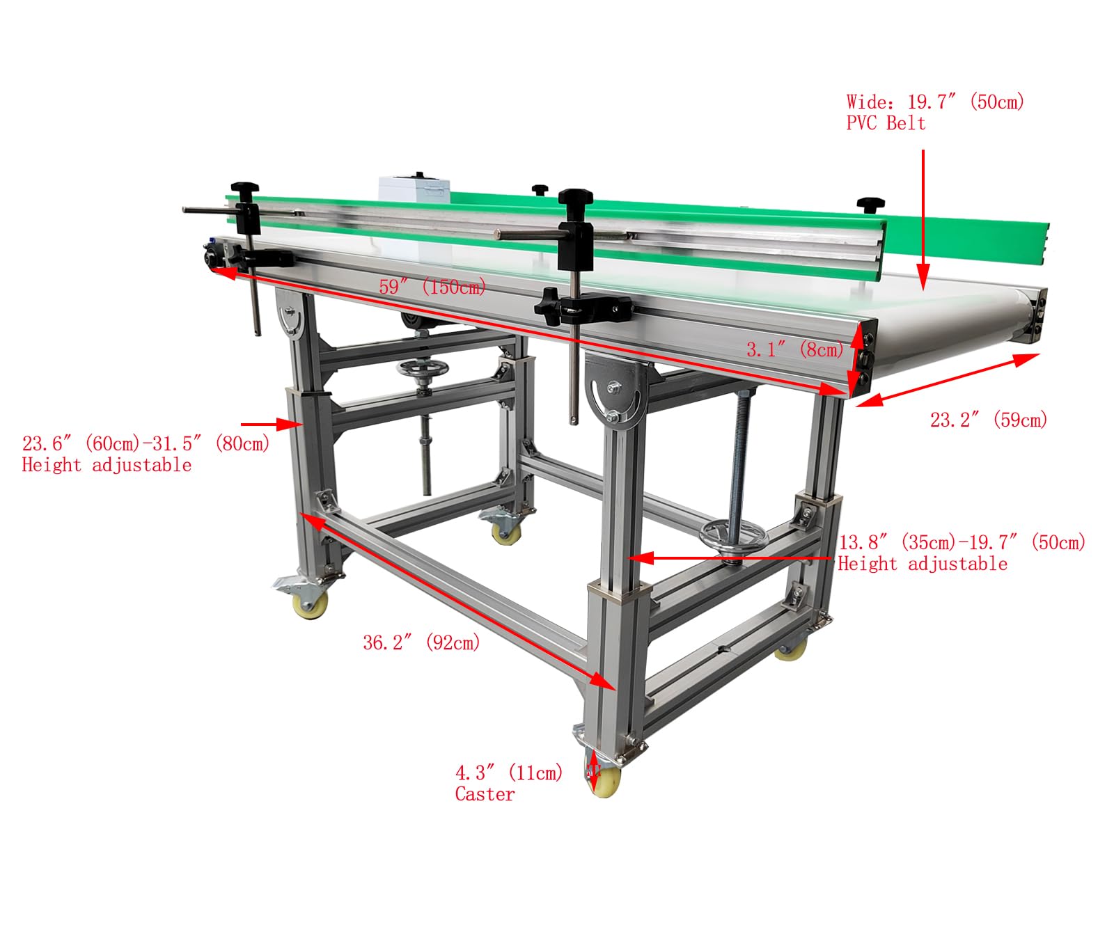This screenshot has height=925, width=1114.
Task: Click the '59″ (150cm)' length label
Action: coord(432,287)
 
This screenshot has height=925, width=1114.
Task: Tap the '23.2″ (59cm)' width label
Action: coord(988,420)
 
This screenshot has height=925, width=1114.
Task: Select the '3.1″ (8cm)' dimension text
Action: coord(794,349)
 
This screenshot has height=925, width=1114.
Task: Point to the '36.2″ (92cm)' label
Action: coord(421,642)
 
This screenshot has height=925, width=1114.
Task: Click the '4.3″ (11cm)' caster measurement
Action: coord(509,773)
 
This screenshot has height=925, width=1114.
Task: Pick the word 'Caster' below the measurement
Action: coord(485,794)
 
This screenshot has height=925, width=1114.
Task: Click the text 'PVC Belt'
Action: coord(886,123)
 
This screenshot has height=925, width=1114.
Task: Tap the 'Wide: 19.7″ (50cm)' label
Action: coord(935,102)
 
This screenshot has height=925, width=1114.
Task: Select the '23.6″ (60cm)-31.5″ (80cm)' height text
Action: coord(146,443)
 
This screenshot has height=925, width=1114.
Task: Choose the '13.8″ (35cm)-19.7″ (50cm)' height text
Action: coord(962,542)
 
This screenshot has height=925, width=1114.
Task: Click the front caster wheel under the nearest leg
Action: coord(604,781)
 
